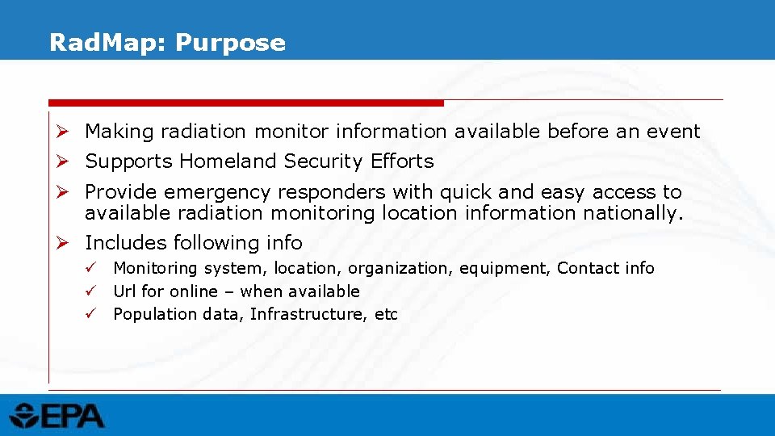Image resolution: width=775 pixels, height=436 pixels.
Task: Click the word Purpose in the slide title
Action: click(x=230, y=43)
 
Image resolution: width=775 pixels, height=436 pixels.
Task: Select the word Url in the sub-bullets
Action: click(x=125, y=291)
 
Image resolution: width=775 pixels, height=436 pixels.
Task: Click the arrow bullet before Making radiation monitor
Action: click(x=69, y=131)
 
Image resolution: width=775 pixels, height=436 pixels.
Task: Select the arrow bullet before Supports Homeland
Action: click(x=69, y=161)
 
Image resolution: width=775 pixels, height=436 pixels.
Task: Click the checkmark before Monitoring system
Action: click(x=93, y=267)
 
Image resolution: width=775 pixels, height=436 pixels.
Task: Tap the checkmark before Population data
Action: click(x=93, y=314)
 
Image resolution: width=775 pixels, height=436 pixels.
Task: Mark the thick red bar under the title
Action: click(x=246, y=103)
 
